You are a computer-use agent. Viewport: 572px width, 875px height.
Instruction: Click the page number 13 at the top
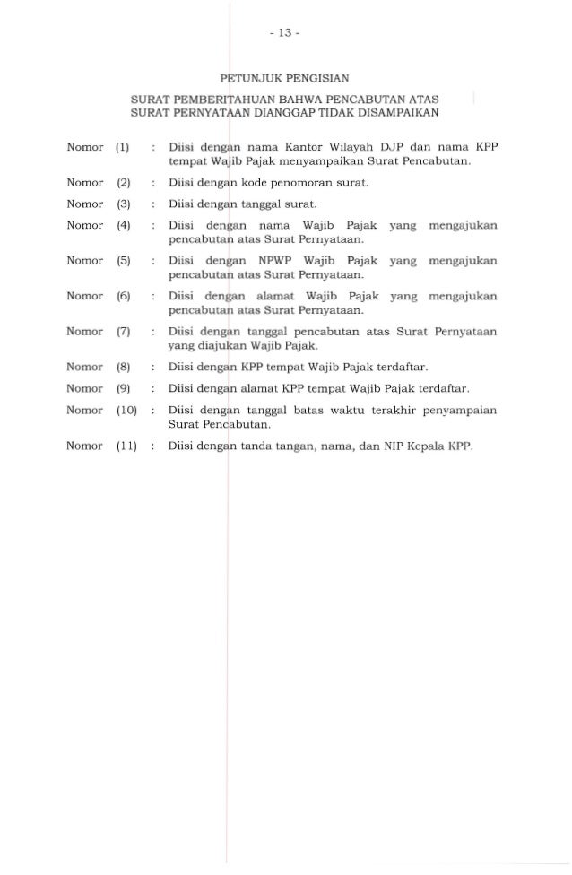click(x=286, y=36)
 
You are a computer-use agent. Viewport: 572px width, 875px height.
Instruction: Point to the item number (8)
click(x=124, y=368)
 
